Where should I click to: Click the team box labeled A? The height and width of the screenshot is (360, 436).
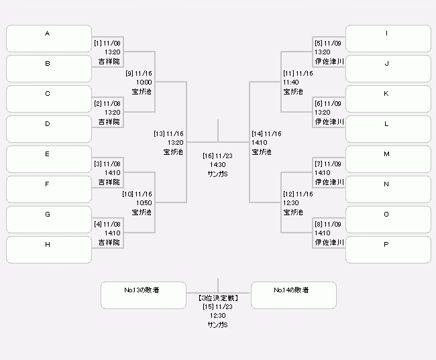point(49,39)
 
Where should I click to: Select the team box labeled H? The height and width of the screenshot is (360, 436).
point(49,249)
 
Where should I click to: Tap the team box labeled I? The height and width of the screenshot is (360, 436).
point(388,39)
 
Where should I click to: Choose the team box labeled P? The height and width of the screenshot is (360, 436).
point(388,249)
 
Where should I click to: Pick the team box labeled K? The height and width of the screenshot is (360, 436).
point(388,99)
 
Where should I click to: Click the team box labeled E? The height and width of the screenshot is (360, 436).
point(49,160)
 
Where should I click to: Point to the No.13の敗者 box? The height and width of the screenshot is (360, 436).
point(144,295)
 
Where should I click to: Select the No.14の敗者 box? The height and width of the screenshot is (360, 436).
point(294,295)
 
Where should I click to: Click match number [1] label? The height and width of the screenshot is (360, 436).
point(98,44)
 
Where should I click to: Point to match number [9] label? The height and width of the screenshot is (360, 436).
point(129,73)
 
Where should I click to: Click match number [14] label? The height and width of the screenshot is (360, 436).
point(257,133)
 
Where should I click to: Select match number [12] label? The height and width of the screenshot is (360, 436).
point(288,194)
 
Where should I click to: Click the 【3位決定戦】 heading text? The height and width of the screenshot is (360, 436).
point(218,298)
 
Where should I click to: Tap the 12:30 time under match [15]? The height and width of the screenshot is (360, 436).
point(218,316)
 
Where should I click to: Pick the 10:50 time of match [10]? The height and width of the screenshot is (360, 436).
point(144,203)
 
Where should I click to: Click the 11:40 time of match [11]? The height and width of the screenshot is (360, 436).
point(291,82)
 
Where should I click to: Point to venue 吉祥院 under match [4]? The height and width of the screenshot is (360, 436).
point(109,243)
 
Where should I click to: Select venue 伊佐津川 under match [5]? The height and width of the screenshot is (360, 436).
point(329,61)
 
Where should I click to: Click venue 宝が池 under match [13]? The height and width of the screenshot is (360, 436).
point(173,152)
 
